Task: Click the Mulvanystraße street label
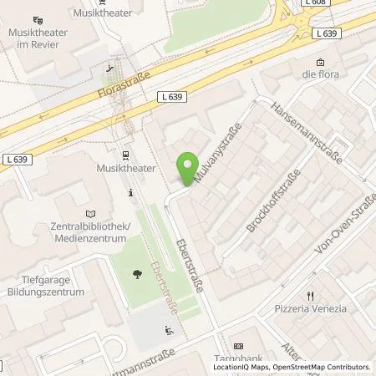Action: (x=217, y=153)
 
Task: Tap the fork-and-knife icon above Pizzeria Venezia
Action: (x=310, y=295)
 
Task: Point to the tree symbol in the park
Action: (x=137, y=273)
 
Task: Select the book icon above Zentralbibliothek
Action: (x=91, y=214)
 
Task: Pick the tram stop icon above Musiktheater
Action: (x=124, y=155)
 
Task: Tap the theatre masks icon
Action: (x=38, y=19)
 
